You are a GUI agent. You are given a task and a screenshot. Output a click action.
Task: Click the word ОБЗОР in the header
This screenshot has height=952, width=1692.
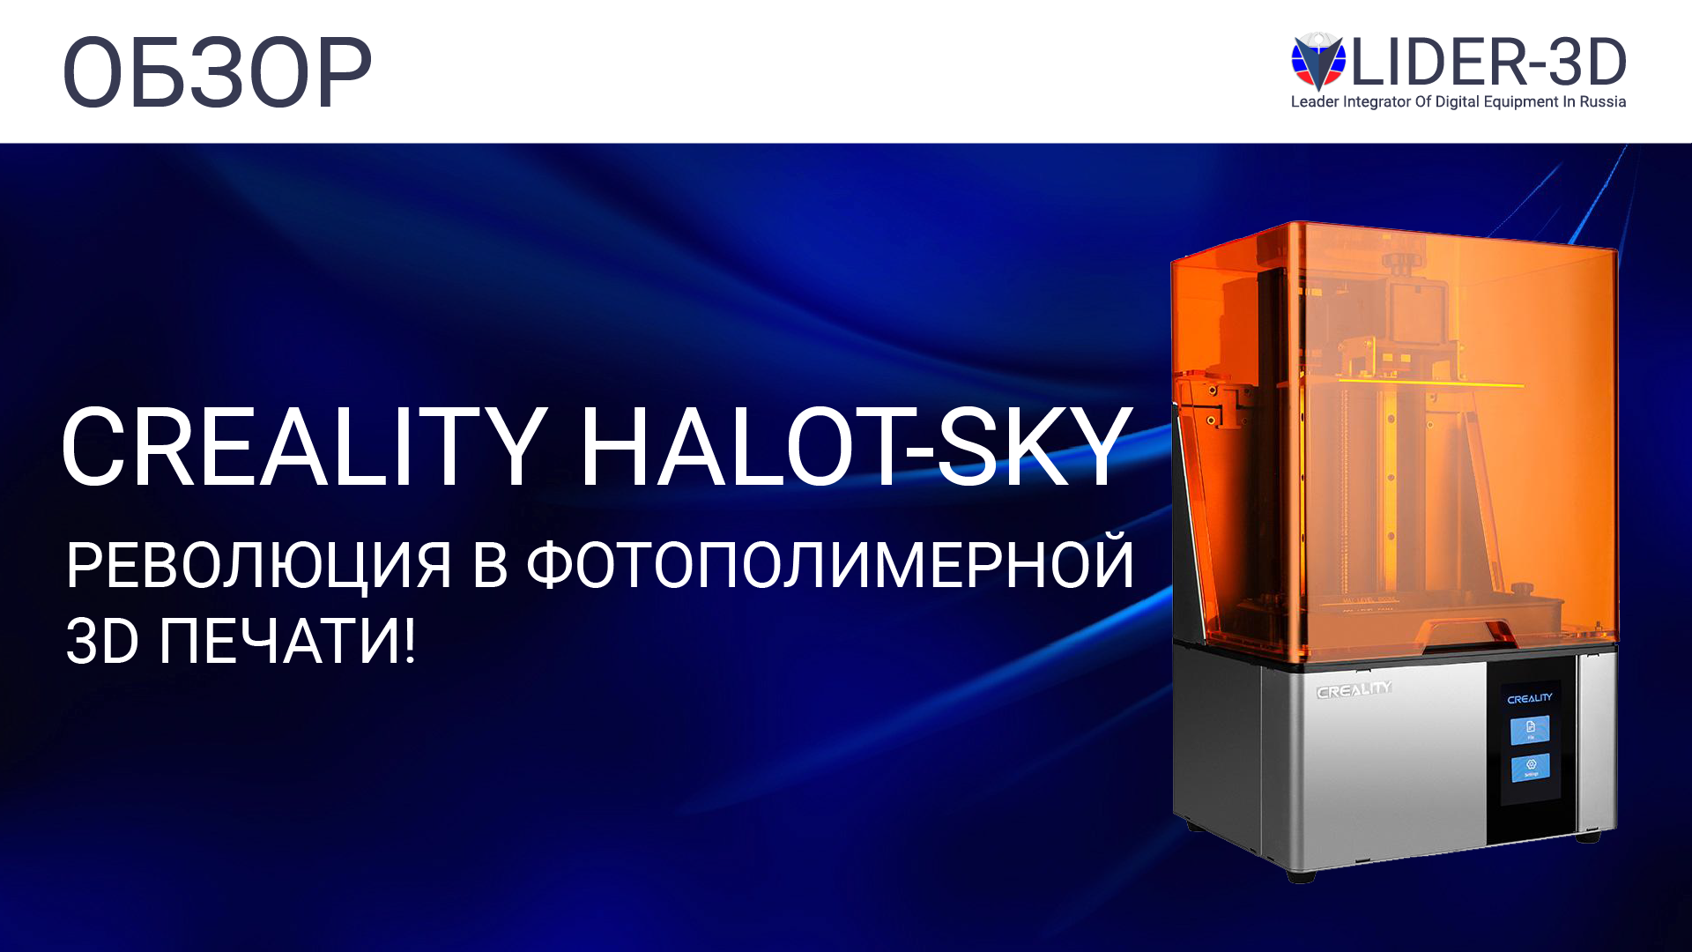217,72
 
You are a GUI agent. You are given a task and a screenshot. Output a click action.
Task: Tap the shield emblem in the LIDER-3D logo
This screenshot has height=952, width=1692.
1317,62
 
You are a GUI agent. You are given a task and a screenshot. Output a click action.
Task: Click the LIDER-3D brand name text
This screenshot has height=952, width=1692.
1488,63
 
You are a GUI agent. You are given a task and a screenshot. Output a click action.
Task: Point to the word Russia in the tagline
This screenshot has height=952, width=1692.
1602,102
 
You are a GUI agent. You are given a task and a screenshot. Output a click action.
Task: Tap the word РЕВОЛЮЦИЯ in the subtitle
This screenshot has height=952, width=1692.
258,565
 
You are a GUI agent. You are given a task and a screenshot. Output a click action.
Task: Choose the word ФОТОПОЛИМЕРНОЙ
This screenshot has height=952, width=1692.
829,565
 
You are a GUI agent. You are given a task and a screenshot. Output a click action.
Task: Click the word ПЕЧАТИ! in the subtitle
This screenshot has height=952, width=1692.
287,642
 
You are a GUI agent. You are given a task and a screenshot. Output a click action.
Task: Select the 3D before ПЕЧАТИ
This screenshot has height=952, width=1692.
102,642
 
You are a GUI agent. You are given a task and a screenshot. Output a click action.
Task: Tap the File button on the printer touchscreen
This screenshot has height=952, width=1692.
1530,730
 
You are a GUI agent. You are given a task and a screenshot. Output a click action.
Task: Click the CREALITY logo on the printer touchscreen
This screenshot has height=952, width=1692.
1530,698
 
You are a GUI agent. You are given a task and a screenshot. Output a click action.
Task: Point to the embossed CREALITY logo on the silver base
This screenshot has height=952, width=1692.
1354,690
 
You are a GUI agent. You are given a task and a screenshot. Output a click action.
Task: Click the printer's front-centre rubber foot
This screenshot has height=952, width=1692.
1301,875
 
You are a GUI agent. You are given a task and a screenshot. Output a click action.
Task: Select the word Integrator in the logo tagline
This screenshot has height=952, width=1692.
1377,102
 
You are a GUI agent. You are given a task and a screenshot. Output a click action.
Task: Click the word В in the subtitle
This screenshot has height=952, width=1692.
490,565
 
